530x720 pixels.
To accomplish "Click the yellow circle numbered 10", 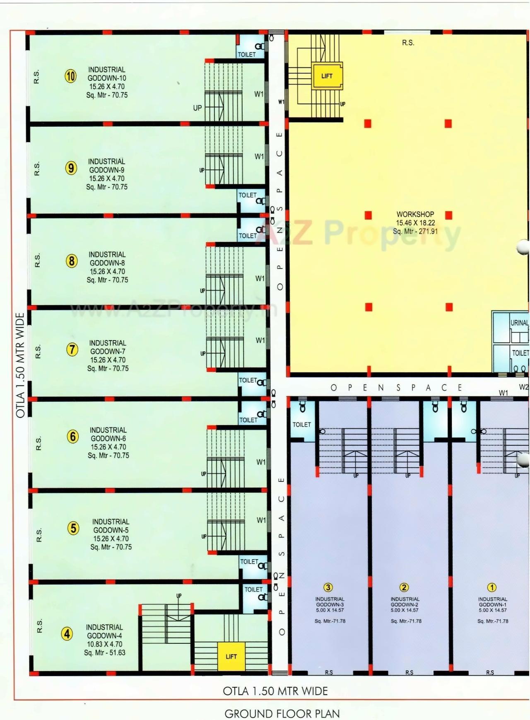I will tap(71, 76).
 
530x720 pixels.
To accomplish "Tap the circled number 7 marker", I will tap(72, 350).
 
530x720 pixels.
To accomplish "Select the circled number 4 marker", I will tap(67, 634).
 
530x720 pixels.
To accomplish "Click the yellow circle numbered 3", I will tap(328, 587).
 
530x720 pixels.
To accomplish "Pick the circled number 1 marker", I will tap(491, 587).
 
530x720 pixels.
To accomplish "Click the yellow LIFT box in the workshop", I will tap(327, 76).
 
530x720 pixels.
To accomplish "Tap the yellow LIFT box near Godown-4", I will tap(231, 656).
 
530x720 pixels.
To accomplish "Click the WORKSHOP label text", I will tap(415, 214).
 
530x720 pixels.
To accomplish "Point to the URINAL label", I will tap(519, 323).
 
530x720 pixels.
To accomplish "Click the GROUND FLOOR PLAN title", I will tap(282, 714).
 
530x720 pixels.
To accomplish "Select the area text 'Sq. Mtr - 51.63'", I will tap(104, 652).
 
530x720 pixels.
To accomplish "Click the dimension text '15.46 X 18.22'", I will tap(415, 223).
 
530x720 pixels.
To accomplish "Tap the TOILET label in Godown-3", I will tap(301, 425).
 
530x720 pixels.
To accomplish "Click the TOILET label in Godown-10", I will tap(247, 54).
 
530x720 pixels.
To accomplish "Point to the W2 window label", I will tap(523, 387).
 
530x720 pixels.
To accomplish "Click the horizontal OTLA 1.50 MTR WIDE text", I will tap(275, 691).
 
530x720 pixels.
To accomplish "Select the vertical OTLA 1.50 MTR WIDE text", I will tap(20, 365).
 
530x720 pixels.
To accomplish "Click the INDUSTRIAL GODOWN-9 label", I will tap(106, 166).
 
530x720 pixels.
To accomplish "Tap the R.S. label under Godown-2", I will tap(409, 672).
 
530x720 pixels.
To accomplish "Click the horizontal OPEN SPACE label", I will tap(396, 388).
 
